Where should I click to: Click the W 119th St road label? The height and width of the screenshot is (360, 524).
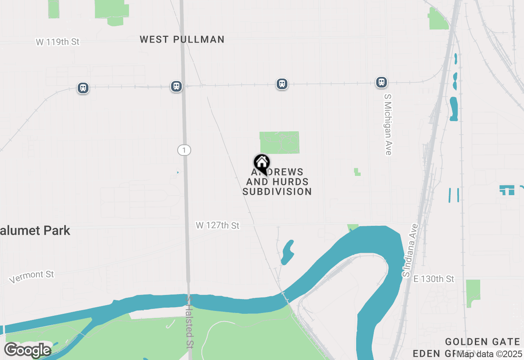point(57,42)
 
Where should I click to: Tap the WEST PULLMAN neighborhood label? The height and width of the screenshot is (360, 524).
point(182,40)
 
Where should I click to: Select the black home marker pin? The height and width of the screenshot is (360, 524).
point(262,164)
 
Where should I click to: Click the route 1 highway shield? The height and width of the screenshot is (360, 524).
point(184,150)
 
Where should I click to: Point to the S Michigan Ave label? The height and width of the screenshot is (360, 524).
point(388,124)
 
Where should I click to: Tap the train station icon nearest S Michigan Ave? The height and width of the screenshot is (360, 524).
point(382,82)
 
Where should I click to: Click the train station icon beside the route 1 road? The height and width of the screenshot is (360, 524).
point(176,86)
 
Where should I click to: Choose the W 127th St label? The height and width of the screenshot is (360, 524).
point(217,225)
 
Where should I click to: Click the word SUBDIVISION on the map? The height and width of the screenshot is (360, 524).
point(277,191)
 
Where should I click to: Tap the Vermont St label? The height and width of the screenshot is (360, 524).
point(32,277)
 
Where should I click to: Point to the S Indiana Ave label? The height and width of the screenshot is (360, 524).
point(411,250)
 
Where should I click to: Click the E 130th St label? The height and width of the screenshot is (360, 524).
point(434,279)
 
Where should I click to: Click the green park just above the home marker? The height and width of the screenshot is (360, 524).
point(280,142)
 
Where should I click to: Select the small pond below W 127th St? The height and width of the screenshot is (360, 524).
point(287,252)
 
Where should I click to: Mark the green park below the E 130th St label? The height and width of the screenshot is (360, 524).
point(473,292)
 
